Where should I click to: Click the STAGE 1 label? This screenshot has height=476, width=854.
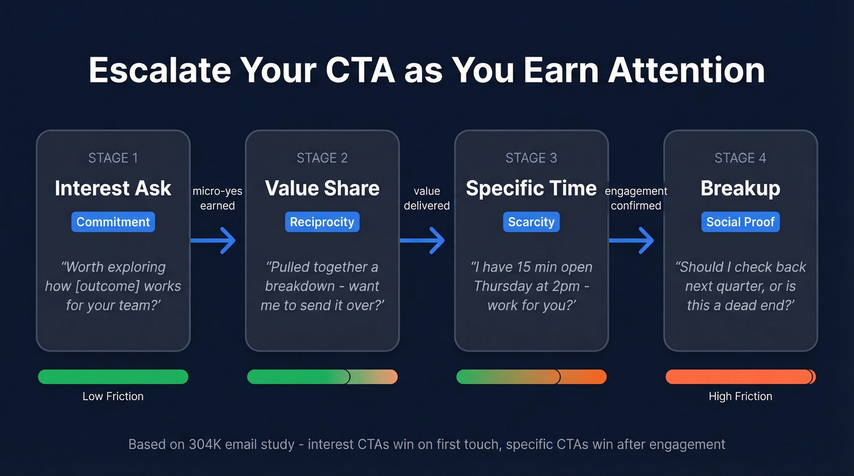[x=113, y=158]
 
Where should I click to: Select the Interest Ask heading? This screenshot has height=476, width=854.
[x=113, y=188]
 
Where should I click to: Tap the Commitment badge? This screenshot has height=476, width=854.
[x=113, y=222]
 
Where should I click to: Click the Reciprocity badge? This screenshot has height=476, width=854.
[x=322, y=222]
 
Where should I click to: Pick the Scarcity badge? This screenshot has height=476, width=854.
[x=531, y=222]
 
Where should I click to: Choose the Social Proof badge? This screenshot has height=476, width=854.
[x=740, y=222]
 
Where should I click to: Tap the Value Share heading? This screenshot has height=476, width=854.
[x=322, y=188]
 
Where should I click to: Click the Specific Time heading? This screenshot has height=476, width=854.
[x=531, y=188]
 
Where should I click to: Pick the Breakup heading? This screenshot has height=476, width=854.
[x=740, y=188]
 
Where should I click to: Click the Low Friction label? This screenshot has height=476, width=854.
[x=113, y=396]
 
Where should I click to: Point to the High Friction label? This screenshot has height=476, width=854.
[x=740, y=396]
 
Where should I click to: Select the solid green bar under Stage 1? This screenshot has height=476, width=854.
[x=113, y=377]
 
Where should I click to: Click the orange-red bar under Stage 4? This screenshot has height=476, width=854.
[x=740, y=377]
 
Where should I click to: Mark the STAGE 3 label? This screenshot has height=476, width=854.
[x=531, y=158]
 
